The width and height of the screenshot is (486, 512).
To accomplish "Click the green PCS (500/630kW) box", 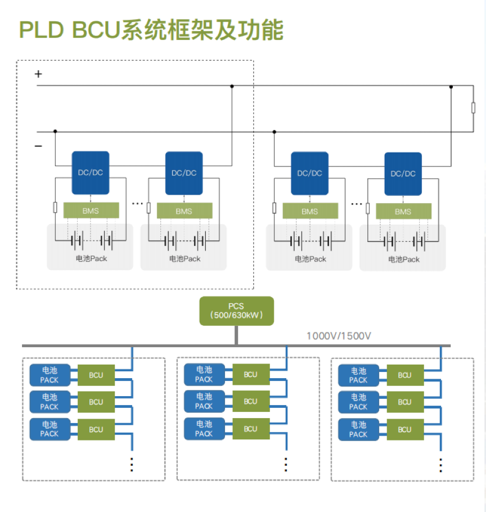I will [x=236, y=311].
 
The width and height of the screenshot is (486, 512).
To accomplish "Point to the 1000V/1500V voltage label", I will [x=339, y=336].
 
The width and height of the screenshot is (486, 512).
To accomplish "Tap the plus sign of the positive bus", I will [x=38, y=74].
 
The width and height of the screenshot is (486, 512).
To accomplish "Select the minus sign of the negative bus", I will [x=38, y=146].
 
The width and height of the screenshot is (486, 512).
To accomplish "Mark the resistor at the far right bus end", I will [x=474, y=108].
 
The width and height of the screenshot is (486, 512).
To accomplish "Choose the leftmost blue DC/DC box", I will [x=91, y=173].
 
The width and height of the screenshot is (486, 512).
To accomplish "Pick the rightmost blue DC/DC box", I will [x=403, y=173].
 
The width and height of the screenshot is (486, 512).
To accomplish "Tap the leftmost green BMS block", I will [x=91, y=211].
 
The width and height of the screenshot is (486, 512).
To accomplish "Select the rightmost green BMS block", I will [x=403, y=212].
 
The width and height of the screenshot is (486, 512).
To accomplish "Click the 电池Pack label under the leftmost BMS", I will [x=91, y=259].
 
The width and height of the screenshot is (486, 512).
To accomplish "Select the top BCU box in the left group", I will [x=96, y=375].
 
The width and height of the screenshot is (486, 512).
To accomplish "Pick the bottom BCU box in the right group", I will [x=404, y=429].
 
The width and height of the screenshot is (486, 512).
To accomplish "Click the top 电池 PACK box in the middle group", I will [x=204, y=374].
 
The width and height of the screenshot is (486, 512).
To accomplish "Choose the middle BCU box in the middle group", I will [x=250, y=401].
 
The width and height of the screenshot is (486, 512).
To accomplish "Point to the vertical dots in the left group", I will [x=132, y=464].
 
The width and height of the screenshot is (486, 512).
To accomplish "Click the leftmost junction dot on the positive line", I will [x=232, y=86].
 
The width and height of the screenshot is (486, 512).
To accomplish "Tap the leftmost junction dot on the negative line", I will [x=55, y=132].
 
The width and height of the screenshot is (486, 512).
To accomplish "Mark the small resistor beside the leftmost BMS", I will [x=55, y=208].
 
